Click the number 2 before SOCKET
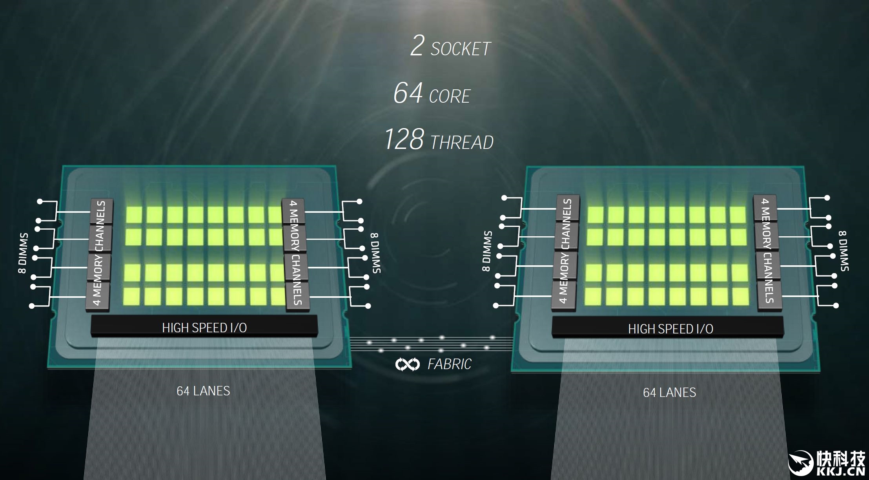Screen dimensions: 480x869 (417, 46)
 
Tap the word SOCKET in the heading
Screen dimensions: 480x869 (461, 49)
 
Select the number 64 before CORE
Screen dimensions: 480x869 (408, 93)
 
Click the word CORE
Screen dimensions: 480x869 (450, 96)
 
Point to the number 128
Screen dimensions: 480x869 (404, 139)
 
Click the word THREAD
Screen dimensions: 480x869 (462, 143)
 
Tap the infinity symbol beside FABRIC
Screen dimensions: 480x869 (407, 364)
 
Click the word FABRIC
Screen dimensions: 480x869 (449, 364)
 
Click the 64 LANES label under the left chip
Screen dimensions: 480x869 (203, 391)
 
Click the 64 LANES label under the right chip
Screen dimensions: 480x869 (669, 393)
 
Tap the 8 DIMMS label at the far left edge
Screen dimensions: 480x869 (23, 253)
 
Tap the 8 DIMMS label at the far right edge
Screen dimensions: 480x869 (844, 251)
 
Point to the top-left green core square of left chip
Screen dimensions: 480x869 (134, 214)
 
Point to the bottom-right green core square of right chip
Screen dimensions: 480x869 (740, 297)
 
